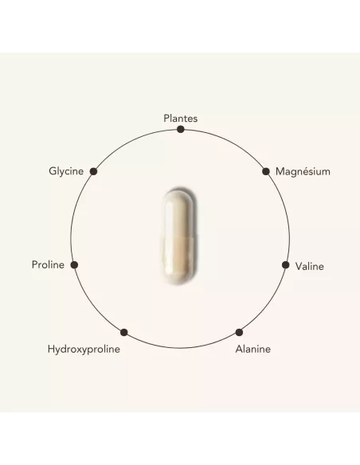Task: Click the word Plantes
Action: coord(180,119)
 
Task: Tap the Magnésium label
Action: coord(303,171)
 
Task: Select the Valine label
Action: coord(309,266)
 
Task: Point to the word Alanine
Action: coord(253,349)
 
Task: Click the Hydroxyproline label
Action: coord(84,349)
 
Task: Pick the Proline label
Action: coord(48,264)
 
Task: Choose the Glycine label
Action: coord(66,171)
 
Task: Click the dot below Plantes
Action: coord(180,129)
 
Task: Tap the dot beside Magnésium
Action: coord(266,171)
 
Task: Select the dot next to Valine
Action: coord(285,265)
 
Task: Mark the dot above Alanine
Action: coord(239,333)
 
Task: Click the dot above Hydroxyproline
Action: coord(124,333)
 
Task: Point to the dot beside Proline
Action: coord(74,265)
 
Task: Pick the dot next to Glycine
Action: coord(93,171)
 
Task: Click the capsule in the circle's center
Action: coord(178,236)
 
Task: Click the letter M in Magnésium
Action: coord(280,171)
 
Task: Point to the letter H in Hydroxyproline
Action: coord(51,349)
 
